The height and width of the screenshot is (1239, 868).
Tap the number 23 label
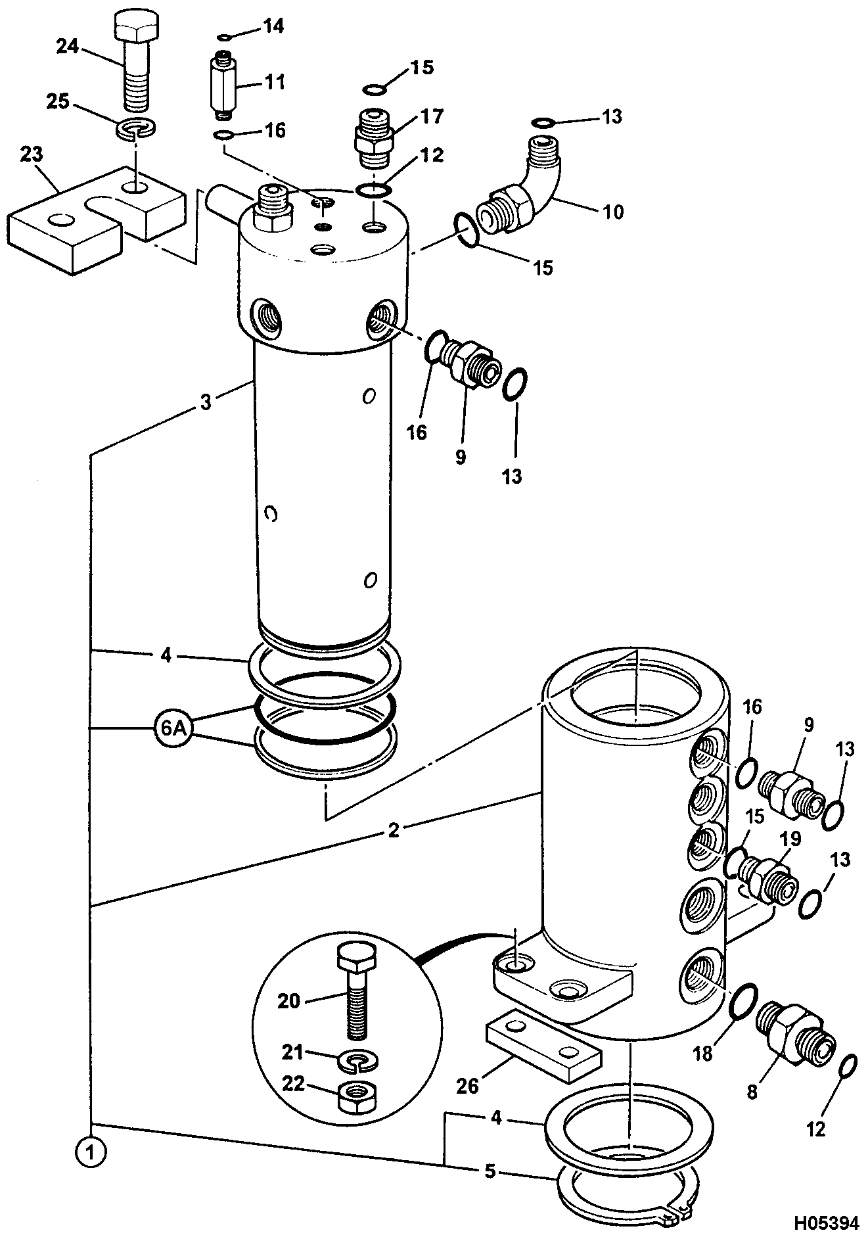tap(32, 156)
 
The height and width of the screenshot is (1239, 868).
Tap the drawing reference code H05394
tap(826, 1223)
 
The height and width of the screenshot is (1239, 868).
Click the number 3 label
tap(206, 402)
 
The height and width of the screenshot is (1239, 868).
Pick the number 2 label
tap(394, 831)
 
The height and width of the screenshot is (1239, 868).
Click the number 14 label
tap(273, 26)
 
